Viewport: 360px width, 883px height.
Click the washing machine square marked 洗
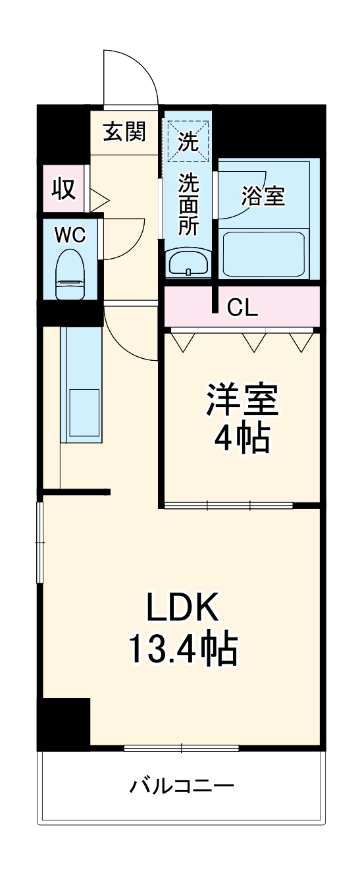click(x=188, y=140)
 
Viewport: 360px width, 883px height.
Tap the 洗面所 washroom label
click(x=189, y=203)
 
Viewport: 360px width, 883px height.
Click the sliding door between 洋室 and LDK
click(x=228, y=506)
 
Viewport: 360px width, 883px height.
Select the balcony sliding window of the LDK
click(x=181, y=747)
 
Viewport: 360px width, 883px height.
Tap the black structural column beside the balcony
click(x=63, y=722)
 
